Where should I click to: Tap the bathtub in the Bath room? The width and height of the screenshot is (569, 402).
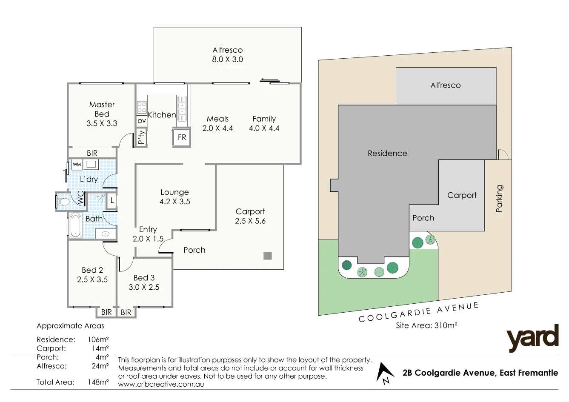(x=76, y=224)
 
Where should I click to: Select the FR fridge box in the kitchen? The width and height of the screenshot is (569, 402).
(x=182, y=137)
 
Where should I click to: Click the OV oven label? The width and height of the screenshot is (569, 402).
(x=142, y=121)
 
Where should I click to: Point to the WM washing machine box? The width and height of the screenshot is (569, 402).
(x=77, y=164)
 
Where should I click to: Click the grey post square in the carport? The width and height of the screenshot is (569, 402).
(x=267, y=256)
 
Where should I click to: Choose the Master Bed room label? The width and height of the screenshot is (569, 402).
(x=102, y=109)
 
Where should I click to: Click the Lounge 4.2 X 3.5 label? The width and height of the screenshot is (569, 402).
(x=174, y=197)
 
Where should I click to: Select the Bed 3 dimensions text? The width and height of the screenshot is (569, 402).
(x=144, y=287)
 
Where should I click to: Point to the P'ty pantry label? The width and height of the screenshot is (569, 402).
(x=142, y=137)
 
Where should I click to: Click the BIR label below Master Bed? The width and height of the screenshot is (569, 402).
(x=92, y=153)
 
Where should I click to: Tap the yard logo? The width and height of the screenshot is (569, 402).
(x=532, y=338)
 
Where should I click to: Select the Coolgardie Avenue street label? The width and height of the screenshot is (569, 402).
(x=419, y=312)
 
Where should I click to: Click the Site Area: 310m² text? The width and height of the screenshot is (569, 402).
(x=426, y=326)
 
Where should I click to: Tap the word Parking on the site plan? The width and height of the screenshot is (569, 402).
(x=499, y=198)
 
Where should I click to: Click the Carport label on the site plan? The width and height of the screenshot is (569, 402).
(x=462, y=195)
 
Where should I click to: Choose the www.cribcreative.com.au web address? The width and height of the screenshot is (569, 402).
(x=161, y=384)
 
